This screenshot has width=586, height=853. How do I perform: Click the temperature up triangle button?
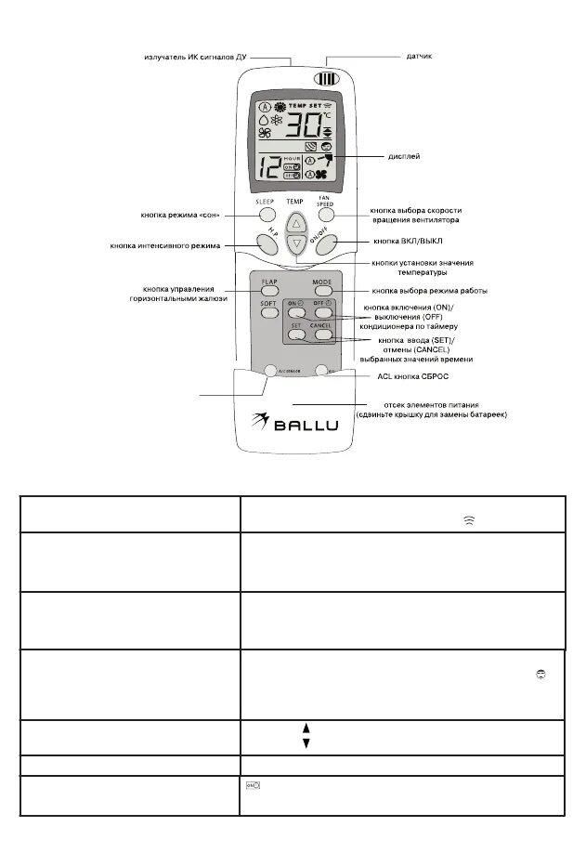click(295, 223)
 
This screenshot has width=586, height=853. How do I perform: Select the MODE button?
click(321, 292)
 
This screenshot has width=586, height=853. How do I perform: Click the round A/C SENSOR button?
click(272, 370)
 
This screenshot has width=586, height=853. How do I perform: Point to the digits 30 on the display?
click(306, 127)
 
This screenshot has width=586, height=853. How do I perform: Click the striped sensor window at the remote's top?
click(324, 79)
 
